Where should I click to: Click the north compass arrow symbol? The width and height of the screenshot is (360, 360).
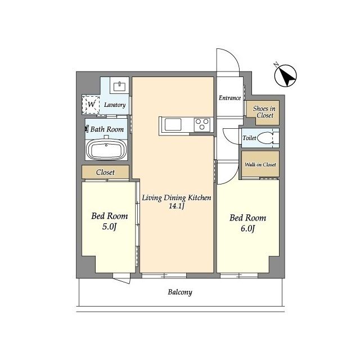[x=285, y=75]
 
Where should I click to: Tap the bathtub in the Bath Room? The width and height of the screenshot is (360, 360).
[x=106, y=150]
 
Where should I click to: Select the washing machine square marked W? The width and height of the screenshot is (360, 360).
[x=91, y=105]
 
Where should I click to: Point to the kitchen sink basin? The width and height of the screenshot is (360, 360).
[x=173, y=125]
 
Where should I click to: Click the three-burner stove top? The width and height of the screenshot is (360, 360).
[x=202, y=124]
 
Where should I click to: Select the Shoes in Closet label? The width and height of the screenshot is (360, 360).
[x=264, y=112]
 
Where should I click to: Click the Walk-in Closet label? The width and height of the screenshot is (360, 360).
[x=260, y=164]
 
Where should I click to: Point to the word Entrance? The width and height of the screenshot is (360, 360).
[x=229, y=98]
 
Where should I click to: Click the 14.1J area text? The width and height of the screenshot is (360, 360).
[x=177, y=206]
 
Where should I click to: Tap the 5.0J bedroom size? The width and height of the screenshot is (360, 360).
[x=110, y=227]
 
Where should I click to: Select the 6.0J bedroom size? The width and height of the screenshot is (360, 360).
[x=247, y=229]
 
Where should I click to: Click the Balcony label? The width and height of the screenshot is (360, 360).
[x=180, y=292]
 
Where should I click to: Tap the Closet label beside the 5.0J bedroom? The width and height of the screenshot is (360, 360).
[x=105, y=172]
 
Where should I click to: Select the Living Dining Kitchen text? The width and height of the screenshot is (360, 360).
[x=176, y=197]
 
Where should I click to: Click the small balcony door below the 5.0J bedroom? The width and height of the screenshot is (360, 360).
[x=121, y=278]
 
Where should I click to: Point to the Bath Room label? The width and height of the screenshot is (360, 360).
[x=107, y=129]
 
